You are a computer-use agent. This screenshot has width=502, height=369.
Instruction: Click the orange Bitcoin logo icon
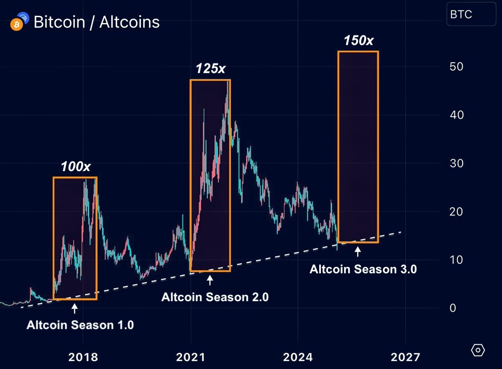pyautogui.click(x=16, y=25)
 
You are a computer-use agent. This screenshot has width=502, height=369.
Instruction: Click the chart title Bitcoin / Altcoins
pyautogui.click(x=96, y=22)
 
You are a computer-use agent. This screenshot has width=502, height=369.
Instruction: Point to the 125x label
pyautogui.click(x=210, y=69)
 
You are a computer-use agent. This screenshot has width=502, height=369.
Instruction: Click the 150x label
pyautogui.click(x=359, y=41)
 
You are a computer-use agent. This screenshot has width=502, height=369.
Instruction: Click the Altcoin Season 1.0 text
pyautogui.click(x=80, y=325)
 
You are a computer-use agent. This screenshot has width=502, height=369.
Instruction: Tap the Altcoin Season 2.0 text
pyautogui.click(x=215, y=297)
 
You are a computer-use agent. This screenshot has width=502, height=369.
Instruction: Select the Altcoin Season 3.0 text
pyautogui.click(x=363, y=269)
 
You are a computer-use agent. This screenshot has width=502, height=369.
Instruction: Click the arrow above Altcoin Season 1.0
pyautogui.click(x=74, y=309)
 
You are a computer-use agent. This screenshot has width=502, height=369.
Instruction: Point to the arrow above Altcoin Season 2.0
pyautogui.click(x=210, y=280)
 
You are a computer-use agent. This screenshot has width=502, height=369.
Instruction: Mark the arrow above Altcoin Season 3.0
pyautogui.click(x=358, y=252)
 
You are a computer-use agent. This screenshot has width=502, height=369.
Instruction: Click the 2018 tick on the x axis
pyautogui.click(x=83, y=358)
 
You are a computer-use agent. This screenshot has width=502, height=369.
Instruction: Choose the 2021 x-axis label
pyautogui.click(x=191, y=358)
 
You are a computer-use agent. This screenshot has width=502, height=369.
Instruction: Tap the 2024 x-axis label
pyautogui.click(x=298, y=358)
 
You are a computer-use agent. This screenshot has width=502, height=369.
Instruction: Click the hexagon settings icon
pyautogui.click(x=478, y=350)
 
